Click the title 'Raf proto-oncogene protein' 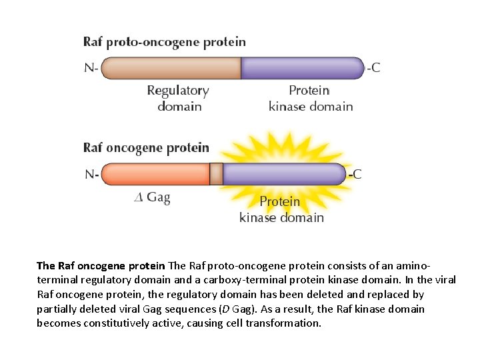pyautogui.click(x=164, y=42)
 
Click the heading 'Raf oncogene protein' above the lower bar pyautogui.click(x=146, y=147)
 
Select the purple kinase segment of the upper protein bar pyautogui.click(x=301, y=68)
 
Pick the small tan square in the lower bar pyautogui.click(x=216, y=174)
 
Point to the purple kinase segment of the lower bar pyautogui.click(x=283, y=174)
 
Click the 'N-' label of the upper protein pyautogui.click(x=91, y=68)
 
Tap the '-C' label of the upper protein pyautogui.click(x=373, y=68)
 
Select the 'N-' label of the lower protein pyautogui.click(x=92, y=174)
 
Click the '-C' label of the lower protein pyautogui.click(x=355, y=174)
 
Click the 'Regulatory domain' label pyautogui.click(x=178, y=98)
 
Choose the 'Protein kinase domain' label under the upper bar pyautogui.click(x=310, y=98)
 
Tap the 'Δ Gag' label pyautogui.click(x=153, y=197)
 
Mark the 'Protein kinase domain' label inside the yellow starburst pyautogui.click(x=281, y=209)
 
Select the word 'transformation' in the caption pyautogui.click(x=285, y=323)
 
